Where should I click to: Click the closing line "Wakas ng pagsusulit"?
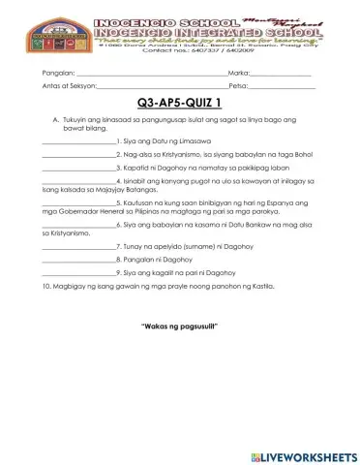(180, 323)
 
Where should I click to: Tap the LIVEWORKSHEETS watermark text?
(309, 455)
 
